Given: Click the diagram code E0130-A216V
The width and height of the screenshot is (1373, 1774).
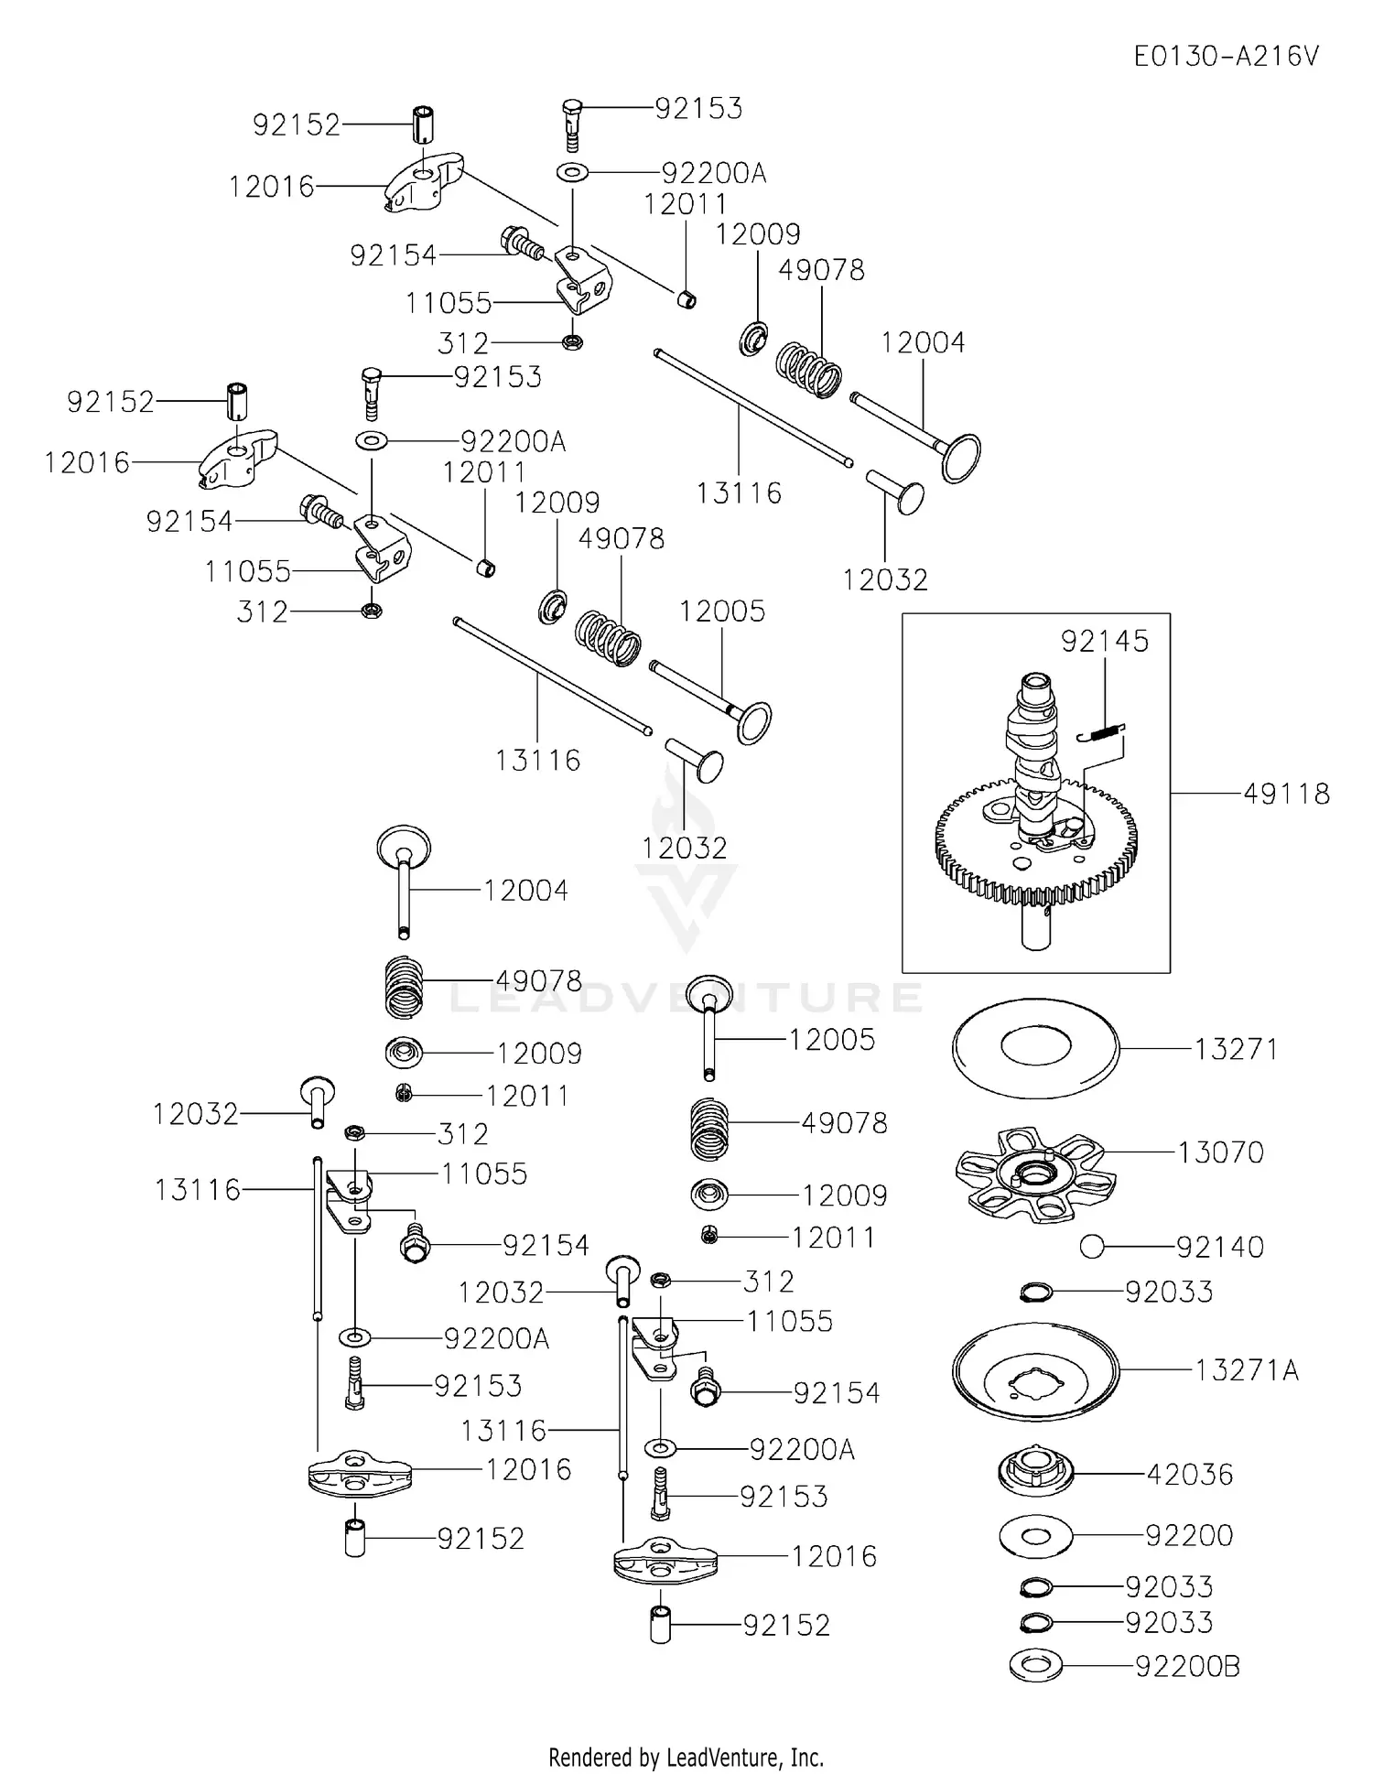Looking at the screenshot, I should (x=1226, y=57).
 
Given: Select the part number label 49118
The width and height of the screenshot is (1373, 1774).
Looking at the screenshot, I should (x=1286, y=794).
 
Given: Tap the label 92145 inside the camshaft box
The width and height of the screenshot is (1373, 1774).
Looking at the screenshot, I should (x=1104, y=641).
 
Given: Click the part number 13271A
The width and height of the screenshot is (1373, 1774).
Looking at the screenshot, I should (x=1246, y=1370).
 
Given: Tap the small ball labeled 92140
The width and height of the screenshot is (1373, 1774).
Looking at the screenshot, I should (x=1091, y=1247).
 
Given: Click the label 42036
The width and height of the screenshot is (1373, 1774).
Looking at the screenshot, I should (x=1189, y=1475).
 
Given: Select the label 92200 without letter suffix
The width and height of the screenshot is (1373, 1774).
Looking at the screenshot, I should (x=1189, y=1535).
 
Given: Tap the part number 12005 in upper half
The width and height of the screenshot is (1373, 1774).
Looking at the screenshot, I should (x=721, y=611).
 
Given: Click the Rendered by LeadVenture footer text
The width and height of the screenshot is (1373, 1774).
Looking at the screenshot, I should (x=686, y=1758).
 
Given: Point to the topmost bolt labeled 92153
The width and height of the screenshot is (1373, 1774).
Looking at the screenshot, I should (x=570, y=124).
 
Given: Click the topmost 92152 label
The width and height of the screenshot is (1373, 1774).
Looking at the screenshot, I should (x=296, y=124).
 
